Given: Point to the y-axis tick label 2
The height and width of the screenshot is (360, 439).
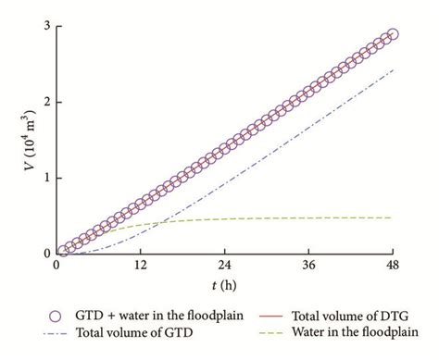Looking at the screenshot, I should pyautogui.click(x=44, y=102).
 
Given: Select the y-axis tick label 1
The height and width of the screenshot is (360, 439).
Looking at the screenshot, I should pyautogui.click(x=44, y=178).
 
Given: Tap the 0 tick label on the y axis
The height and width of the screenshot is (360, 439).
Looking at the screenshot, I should pyautogui.click(x=44, y=253).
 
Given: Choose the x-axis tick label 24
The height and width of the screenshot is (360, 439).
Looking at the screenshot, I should pyautogui.click(x=224, y=266).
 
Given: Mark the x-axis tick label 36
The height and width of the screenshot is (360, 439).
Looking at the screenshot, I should pyautogui.click(x=308, y=266).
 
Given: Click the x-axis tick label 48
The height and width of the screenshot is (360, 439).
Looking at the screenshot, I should pyautogui.click(x=393, y=266).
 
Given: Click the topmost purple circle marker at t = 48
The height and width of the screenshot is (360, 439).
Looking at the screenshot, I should pyautogui.click(x=393, y=34).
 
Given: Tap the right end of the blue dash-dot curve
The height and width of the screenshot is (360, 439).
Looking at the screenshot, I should pyautogui.click(x=393, y=69).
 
